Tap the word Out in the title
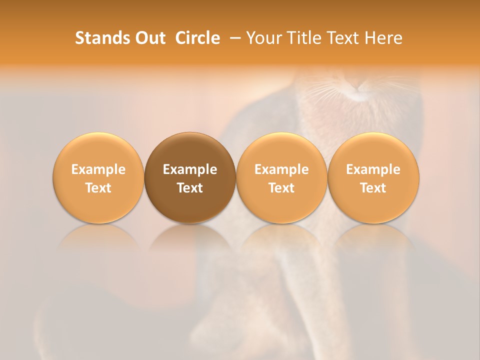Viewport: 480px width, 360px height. [x=148, y=38]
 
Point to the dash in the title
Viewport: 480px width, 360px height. [x=233, y=38]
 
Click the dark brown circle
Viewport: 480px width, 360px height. [x=190, y=178]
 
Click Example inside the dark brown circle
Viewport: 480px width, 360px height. [x=190, y=169]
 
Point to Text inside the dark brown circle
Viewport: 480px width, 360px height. [x=190, y=188]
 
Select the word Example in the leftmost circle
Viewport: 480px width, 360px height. [x=98, y=169]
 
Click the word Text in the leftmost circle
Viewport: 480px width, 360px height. [x=98, y=188]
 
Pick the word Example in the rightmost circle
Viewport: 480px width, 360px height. [x=373, y=169]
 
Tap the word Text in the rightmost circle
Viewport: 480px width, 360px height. [x=373, y=188]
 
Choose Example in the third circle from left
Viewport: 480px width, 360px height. [x=281, y=169]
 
